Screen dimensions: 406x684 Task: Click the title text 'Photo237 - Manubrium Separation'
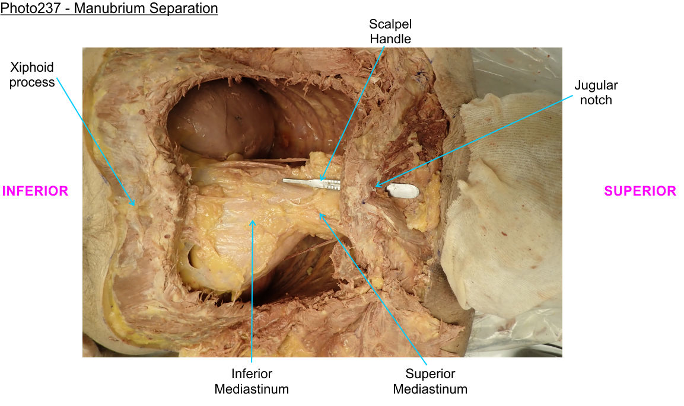point(109,9)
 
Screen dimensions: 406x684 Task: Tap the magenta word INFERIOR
point(36,191)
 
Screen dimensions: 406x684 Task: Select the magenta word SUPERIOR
point(640,191)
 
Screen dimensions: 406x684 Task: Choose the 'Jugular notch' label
point(596,92)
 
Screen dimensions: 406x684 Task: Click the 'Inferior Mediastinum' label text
point(252,381)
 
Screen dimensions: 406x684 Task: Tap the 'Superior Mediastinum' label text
point(430,381)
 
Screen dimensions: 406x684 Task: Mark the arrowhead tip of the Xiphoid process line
point(135,205)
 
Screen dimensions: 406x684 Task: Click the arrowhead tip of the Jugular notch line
point(375,187)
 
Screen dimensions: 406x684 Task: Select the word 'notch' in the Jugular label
point(596,100)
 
